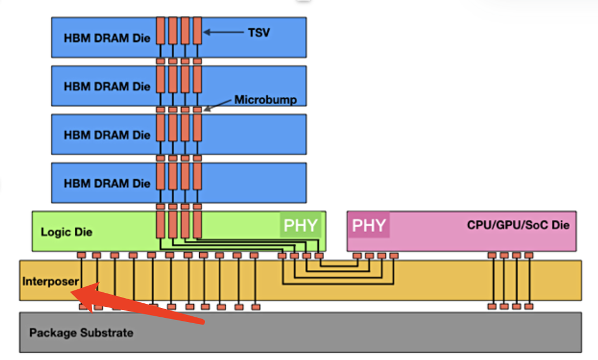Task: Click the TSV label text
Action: pyautogui.click(x=259, y=33)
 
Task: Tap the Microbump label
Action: pyautogui.click(x=266, y=100)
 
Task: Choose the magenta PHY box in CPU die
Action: pyautogui.click(x=369, y=226)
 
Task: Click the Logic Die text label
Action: pyautogui.click(x=67, y=232)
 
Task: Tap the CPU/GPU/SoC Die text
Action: pyautogui.click(x=518, y=225)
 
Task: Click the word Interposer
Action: pyautogui.click(x=50, y=281)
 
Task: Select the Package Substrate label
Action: pyautogui.click(x=81, y=333)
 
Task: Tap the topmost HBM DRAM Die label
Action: pyautogui.click(x=107, y=38)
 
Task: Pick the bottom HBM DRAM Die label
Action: pyautogui.click(x=107, y=184)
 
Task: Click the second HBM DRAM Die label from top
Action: pyautogui.click(x=107, y=86)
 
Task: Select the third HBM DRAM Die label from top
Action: pyautogui.click(x=107, y=135)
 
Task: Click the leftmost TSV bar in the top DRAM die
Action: pyautogui.click(x=160, y=31)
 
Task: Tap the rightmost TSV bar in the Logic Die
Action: pyautogui.click(x=197, y=225)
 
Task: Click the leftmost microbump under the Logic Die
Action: pyautogui.click(x=82, y=255)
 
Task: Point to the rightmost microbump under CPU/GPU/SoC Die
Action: pyautogui.click(x=529, y=255)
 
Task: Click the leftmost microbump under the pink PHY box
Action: pyautogui.click(x=357, y=255)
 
